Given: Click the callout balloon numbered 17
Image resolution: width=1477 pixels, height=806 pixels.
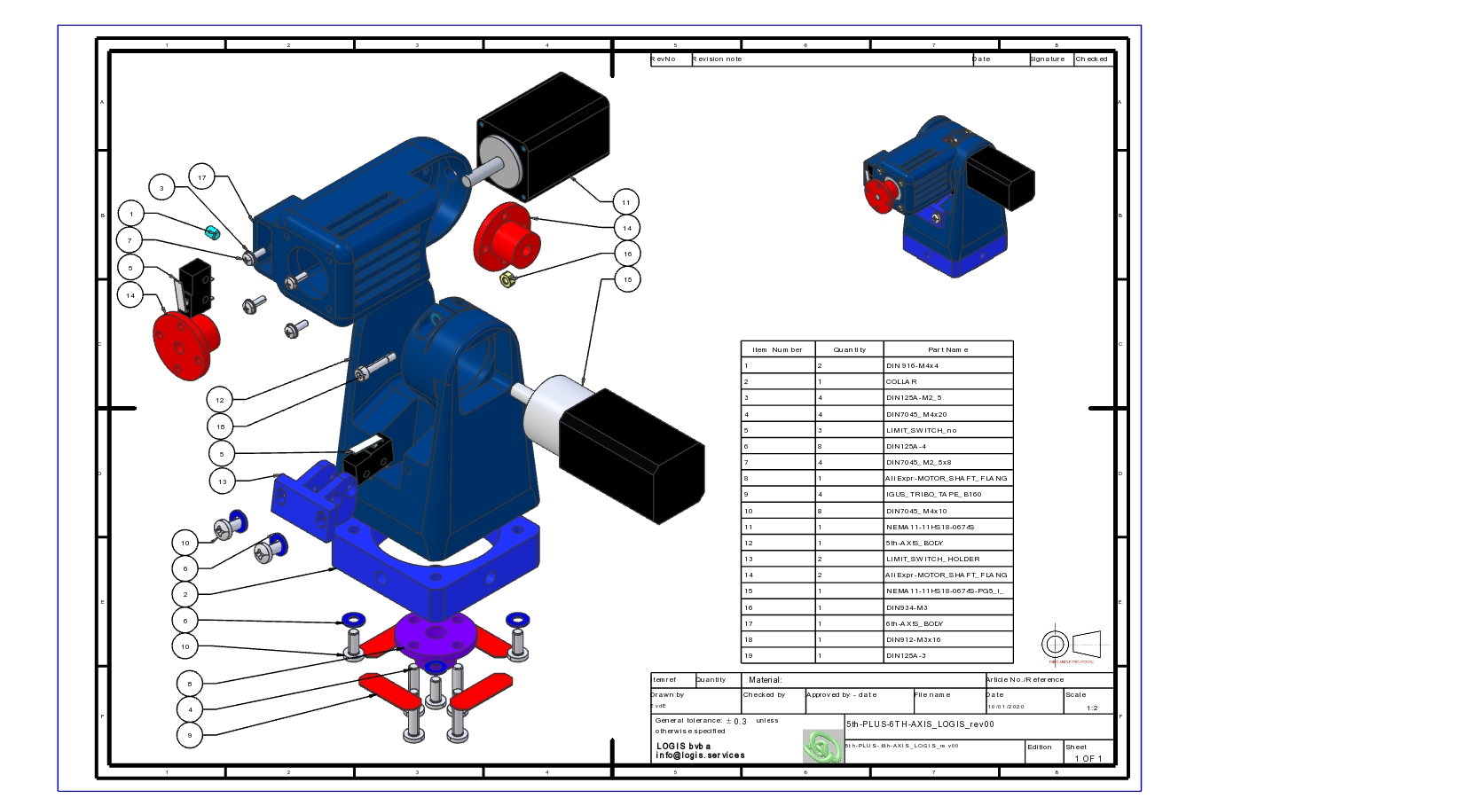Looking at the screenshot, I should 202,177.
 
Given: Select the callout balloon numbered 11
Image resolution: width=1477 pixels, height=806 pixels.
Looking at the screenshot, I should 625,202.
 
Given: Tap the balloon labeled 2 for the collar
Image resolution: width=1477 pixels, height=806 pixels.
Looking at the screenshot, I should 185,594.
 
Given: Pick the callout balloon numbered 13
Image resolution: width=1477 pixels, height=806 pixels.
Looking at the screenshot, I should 223,481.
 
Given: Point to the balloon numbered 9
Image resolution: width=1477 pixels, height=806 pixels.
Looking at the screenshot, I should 188,735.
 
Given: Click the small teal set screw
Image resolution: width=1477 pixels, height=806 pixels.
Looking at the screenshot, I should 212,233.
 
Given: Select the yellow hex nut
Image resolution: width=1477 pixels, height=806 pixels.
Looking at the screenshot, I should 508,281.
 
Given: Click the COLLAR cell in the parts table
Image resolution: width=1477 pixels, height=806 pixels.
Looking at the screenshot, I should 947,381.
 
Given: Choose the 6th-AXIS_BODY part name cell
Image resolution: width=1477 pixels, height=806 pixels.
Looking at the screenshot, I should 947,623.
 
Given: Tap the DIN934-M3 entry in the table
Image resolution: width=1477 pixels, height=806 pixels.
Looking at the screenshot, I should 947,607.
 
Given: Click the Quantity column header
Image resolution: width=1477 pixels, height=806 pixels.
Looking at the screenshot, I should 849,349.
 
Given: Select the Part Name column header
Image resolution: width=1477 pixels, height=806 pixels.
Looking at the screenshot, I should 947,349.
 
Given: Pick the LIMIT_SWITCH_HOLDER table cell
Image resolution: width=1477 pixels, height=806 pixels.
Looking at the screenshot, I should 947,559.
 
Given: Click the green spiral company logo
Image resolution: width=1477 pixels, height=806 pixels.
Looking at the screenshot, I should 822,747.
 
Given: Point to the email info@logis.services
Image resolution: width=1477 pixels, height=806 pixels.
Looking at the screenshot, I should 700,755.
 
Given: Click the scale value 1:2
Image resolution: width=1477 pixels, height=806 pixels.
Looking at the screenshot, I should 1092,708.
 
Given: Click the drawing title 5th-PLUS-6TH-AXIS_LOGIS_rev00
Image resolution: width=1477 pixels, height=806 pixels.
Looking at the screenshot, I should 920,724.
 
